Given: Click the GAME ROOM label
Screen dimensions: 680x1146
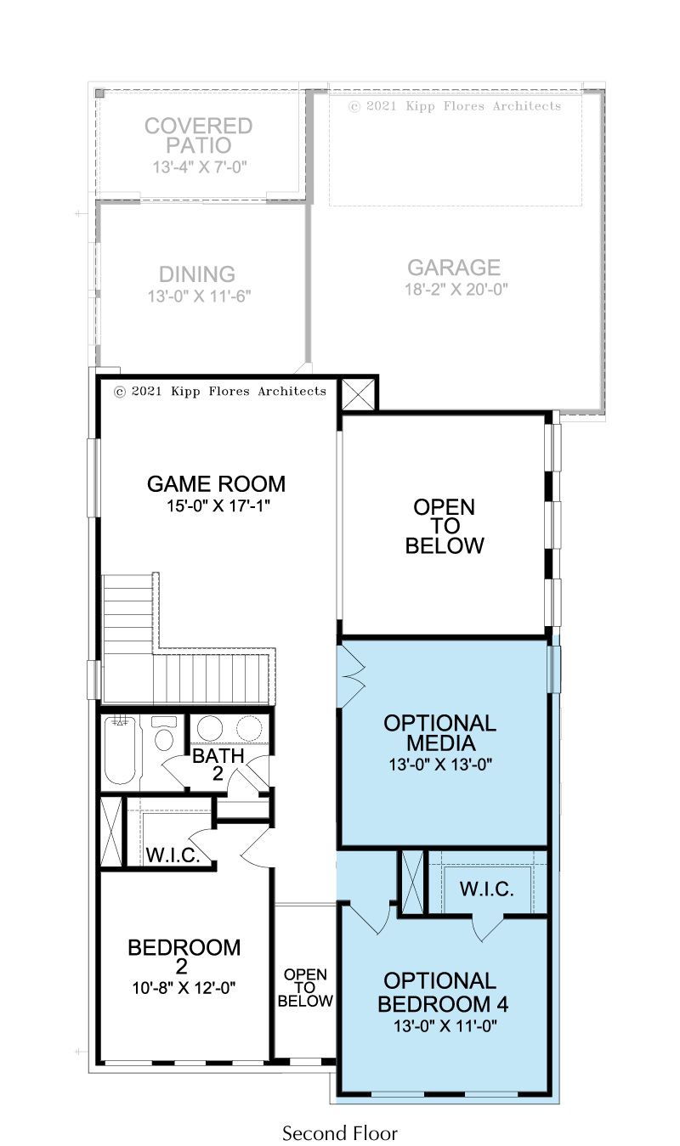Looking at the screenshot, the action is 216,484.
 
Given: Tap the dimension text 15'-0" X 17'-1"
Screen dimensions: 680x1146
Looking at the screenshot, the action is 218,506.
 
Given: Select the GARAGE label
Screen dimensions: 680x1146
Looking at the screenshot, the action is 454,268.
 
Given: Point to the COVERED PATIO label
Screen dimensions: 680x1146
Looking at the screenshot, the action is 199,136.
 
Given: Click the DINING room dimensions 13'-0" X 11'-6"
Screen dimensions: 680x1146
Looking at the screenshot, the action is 199,296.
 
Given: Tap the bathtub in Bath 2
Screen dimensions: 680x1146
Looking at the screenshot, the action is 120,750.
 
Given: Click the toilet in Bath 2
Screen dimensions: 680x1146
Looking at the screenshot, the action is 164,734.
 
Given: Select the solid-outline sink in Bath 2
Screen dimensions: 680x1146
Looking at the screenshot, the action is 210,728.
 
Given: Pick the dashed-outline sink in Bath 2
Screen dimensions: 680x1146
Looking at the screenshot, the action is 249,728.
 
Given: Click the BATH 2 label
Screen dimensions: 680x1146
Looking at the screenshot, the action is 218,765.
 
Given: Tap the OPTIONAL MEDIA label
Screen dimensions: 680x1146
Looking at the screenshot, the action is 440,732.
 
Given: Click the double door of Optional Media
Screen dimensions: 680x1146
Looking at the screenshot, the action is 351,676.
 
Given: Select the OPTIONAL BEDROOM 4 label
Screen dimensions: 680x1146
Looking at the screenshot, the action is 442,992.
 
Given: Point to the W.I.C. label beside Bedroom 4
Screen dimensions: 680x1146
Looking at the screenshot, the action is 486,889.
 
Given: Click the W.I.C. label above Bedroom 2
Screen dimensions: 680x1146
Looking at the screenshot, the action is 173,855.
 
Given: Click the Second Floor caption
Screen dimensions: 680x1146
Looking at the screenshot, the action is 340,1132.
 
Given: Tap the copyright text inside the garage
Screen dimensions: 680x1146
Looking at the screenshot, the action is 455,106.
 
